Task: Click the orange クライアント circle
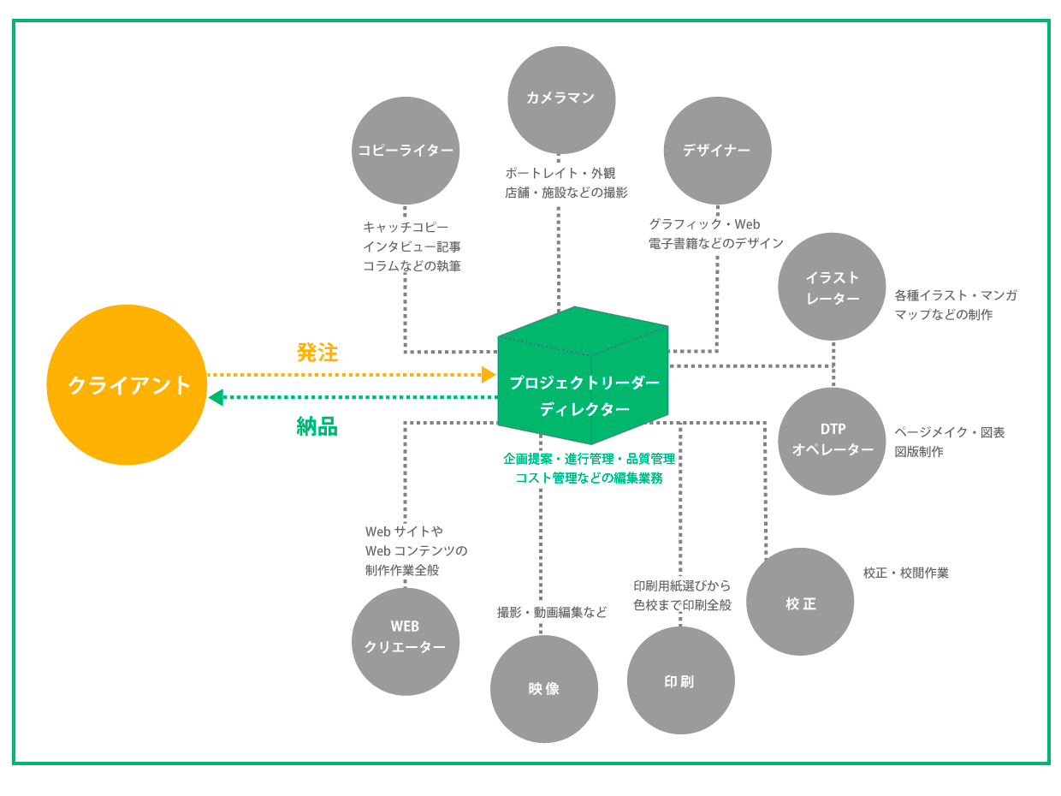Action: [127, 385]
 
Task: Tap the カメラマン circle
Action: [561, 99]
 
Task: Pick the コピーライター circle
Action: [406, 151]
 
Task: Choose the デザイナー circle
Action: [717, 151]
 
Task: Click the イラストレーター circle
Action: [832, 287]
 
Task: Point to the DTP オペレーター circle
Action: [832, 441]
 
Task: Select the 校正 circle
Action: [800, 602]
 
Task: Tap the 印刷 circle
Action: [680, 680]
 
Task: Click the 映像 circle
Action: [544, 688]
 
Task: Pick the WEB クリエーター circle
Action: [406, 641]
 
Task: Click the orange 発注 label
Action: [317, 353]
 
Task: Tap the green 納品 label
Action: [317, 426]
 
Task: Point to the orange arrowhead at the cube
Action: [489, 374]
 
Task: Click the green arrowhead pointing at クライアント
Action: [216, 397]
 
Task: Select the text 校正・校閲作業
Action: [905, 573]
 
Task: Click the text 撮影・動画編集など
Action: [552, 612]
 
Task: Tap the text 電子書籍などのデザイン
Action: [716, 243]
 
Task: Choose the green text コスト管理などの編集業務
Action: [589, 478]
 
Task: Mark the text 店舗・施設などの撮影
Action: [566, 193]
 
